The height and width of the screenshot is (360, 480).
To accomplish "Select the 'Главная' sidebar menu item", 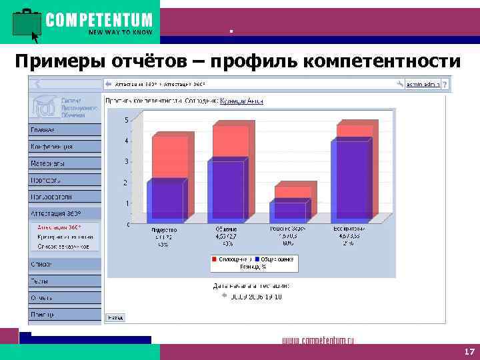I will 43,129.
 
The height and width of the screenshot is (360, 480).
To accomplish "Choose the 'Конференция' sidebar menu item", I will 51,146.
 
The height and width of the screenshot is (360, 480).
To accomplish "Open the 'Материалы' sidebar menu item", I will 47,163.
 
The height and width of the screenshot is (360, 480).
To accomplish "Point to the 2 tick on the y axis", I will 126,183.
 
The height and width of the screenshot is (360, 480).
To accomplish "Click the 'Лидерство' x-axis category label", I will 163,229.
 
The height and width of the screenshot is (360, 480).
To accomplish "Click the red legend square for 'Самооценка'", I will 215,259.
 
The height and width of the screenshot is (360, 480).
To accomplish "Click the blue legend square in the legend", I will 257,259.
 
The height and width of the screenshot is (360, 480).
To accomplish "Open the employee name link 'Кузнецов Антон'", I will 241,101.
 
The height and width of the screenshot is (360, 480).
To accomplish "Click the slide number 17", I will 469,351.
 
